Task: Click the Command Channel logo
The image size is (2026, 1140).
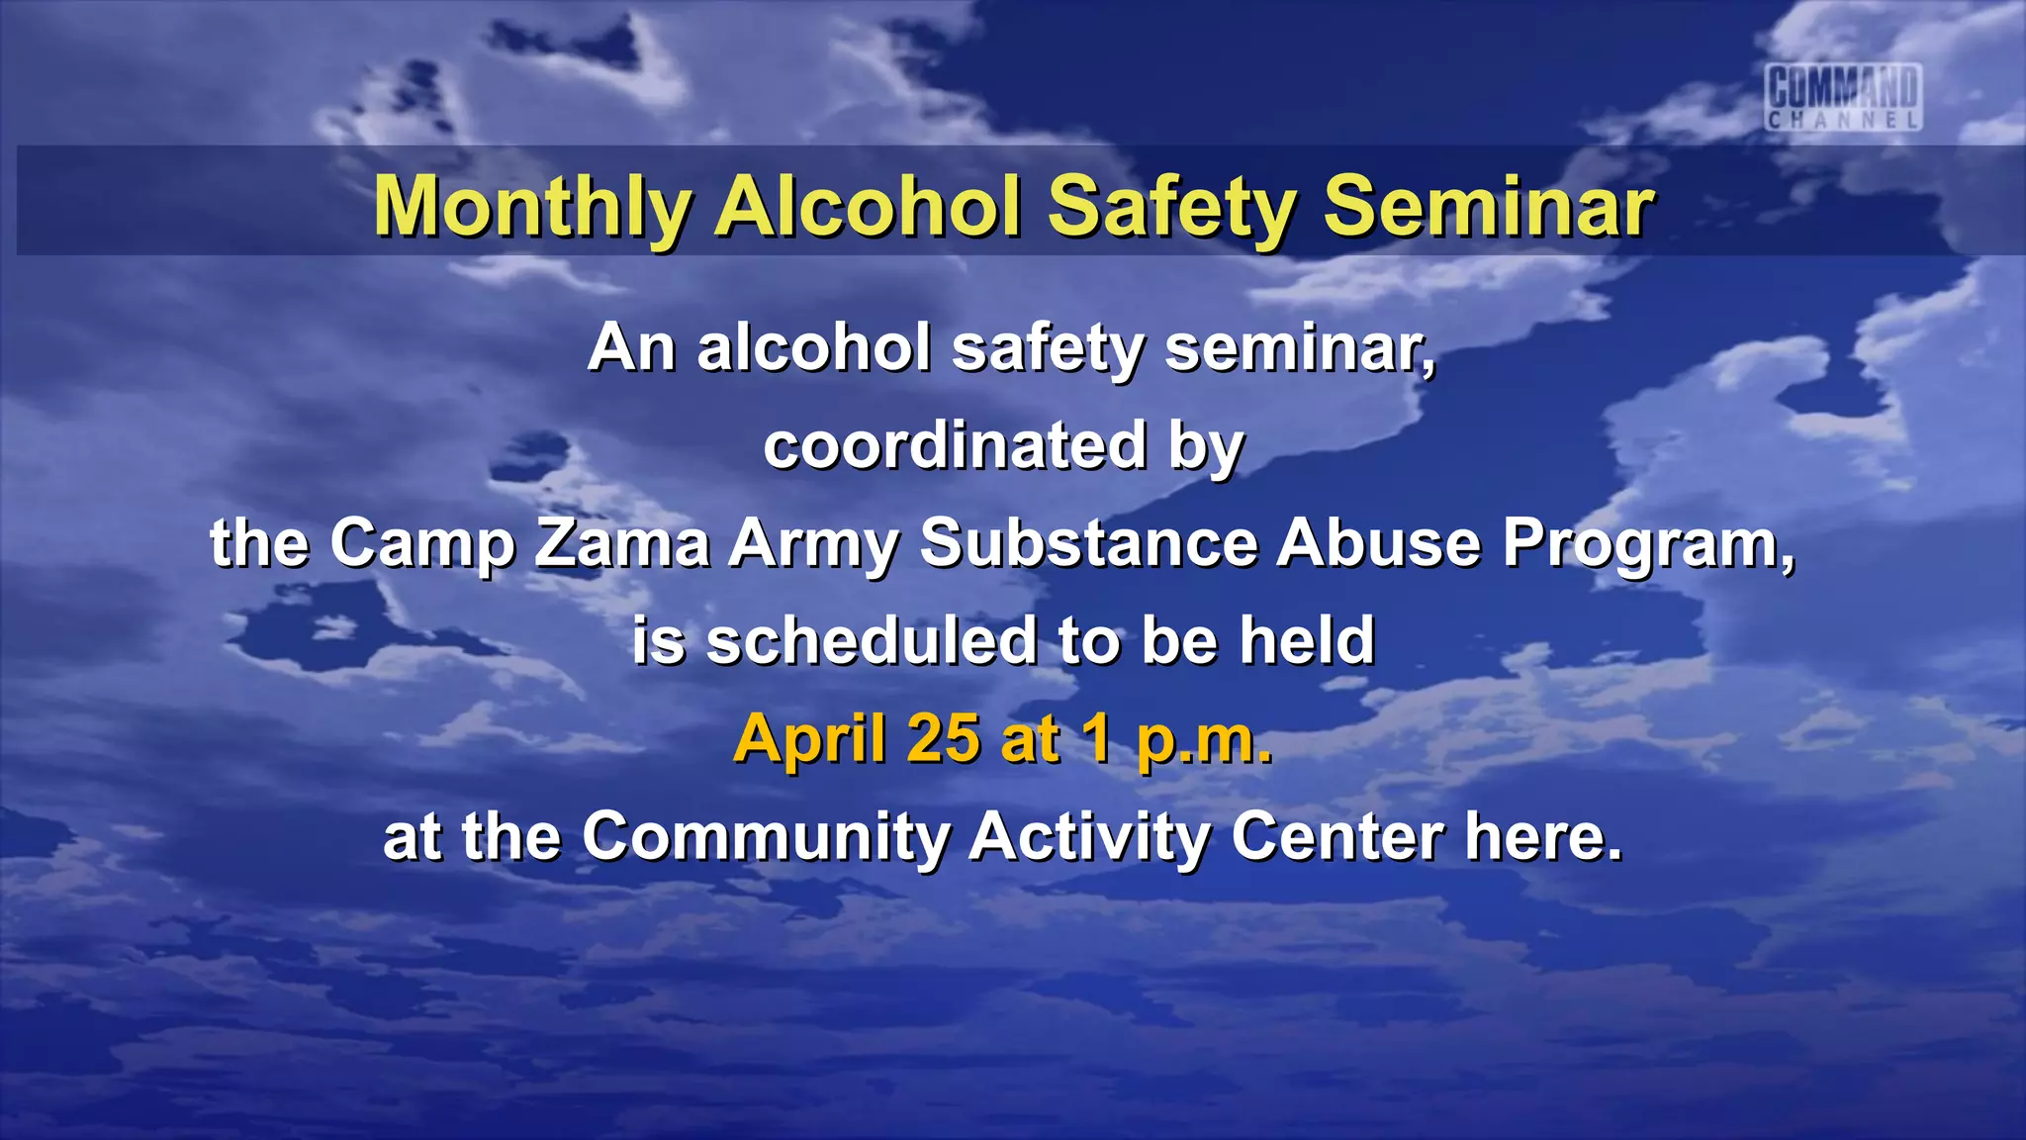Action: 1844,97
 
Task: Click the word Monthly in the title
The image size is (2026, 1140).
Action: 532,207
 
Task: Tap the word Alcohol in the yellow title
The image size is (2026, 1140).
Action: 868,207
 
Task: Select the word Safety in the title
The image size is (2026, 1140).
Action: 1171,207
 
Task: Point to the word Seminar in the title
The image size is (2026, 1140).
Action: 1488,207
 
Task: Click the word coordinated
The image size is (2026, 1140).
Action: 955,446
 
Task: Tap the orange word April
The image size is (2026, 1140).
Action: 808,738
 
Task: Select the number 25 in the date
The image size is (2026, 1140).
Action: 942,738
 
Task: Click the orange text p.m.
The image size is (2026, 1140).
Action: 1204,740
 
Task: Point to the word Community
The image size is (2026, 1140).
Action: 766,836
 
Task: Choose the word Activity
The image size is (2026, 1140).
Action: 1089,836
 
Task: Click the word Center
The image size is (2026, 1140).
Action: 1337,836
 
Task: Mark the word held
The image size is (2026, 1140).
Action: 1307,640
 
